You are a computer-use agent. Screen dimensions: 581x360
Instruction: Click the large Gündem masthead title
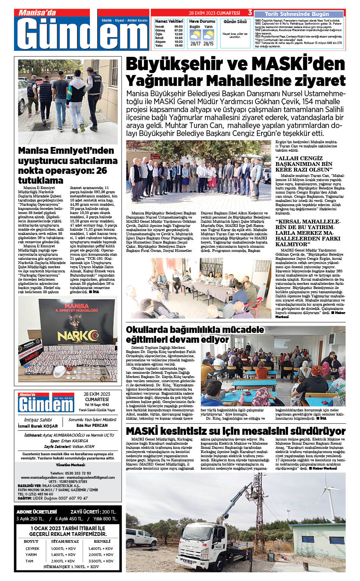point(81,33)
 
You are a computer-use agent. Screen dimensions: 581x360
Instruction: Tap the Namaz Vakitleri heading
point(169,21)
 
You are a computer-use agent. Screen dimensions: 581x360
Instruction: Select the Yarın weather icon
point(208,35)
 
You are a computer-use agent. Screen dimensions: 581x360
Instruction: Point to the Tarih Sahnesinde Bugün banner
point(297,14)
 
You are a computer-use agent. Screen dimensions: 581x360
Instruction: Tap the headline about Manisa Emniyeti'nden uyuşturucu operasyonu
point(67,165)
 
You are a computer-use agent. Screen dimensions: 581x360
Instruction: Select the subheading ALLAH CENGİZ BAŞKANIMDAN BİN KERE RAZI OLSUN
point(304,164)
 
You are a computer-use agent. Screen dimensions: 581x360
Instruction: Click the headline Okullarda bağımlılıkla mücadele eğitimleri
point(195,334)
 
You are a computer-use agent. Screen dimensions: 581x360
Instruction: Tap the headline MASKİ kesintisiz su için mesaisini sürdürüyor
point(235,431)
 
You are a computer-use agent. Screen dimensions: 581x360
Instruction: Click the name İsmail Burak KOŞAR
point(38,426)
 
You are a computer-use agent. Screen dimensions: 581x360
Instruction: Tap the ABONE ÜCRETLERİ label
point(37,512)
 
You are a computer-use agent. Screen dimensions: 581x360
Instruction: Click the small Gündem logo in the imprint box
point(46,403)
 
